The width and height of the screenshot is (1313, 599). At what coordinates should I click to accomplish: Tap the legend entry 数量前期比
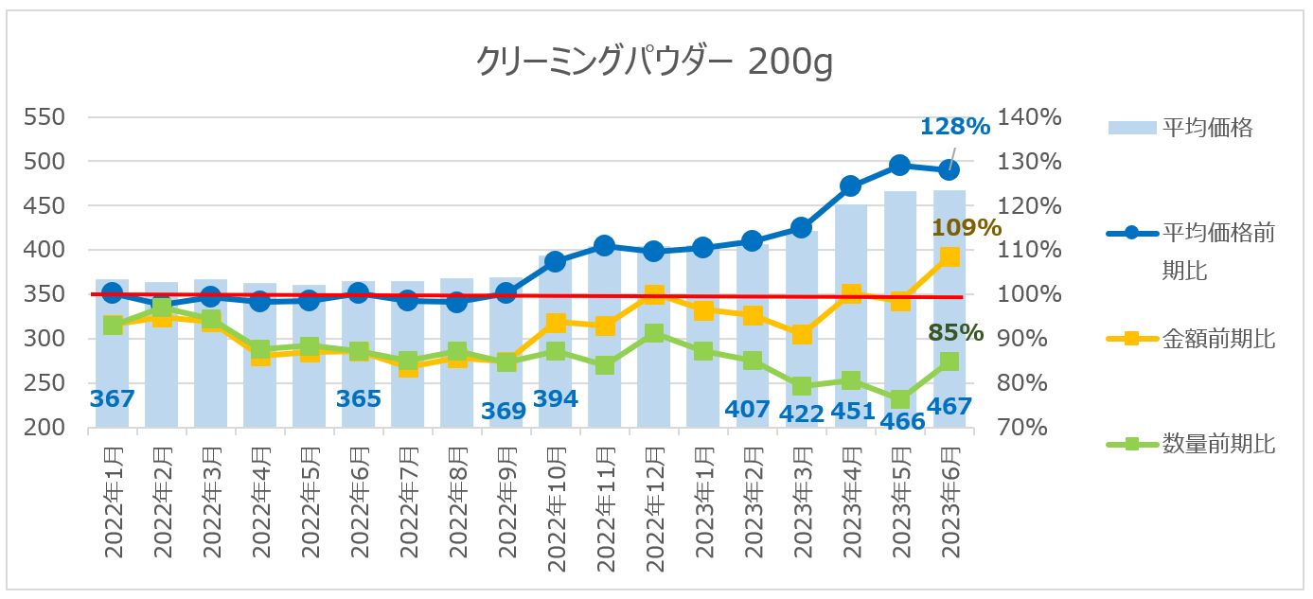click(x=1218, y=443)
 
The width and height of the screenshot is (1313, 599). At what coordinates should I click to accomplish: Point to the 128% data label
click(x=954, y=126)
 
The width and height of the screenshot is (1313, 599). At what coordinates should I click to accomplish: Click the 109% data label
click(x=967, y=227)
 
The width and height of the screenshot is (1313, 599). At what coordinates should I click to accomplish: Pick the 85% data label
click(x=955, y=333)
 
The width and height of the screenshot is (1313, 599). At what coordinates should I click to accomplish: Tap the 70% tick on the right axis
click(x=1035, y=428)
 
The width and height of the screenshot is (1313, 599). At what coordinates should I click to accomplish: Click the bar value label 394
click(x=556, y=398)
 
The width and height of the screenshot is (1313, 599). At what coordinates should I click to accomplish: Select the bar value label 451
click(x=850, y=411)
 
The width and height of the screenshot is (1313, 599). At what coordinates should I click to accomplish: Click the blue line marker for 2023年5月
click(x=900, y=166)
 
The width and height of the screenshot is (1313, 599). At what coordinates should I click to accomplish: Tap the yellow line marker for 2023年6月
click(x=949, y=256)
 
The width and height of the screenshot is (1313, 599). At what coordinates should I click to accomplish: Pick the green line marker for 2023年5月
click(x=900, y=399)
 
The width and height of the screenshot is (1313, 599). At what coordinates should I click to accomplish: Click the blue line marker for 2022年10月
click(x=556, y=261)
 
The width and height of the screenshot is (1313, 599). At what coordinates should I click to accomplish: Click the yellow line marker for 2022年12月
click(x=654, y=296)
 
